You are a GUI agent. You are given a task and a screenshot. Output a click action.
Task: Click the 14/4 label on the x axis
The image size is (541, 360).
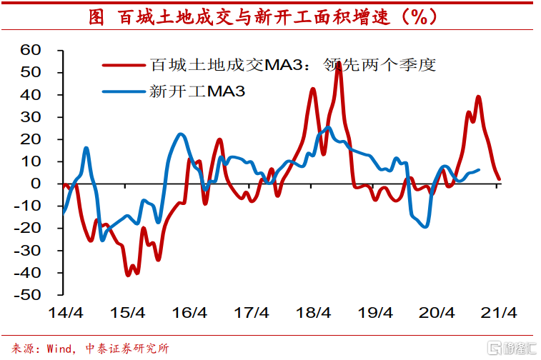pos(66,312)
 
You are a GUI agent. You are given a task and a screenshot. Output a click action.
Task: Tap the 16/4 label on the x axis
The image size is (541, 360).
pos(189,312)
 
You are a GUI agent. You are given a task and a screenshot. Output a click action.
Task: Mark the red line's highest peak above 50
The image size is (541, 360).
pos(338,64)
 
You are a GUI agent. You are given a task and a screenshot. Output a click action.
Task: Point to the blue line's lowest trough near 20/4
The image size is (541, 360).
pos(426,226)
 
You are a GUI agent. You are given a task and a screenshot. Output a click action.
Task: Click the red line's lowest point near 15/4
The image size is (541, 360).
pos(128,275)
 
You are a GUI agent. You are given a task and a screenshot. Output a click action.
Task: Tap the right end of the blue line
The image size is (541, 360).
pos(478,170)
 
